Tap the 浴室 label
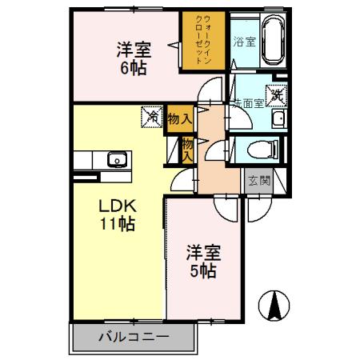[x=244, y=42]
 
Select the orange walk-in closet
[x=202, y=40]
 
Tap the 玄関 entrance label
[x=258, y=180]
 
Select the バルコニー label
[x=133, y=335]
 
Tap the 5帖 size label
[x=202, y=271]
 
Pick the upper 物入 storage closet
[x=180, y=118]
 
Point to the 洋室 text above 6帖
[x=134, y=47]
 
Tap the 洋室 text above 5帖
[x=202, y=252]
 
